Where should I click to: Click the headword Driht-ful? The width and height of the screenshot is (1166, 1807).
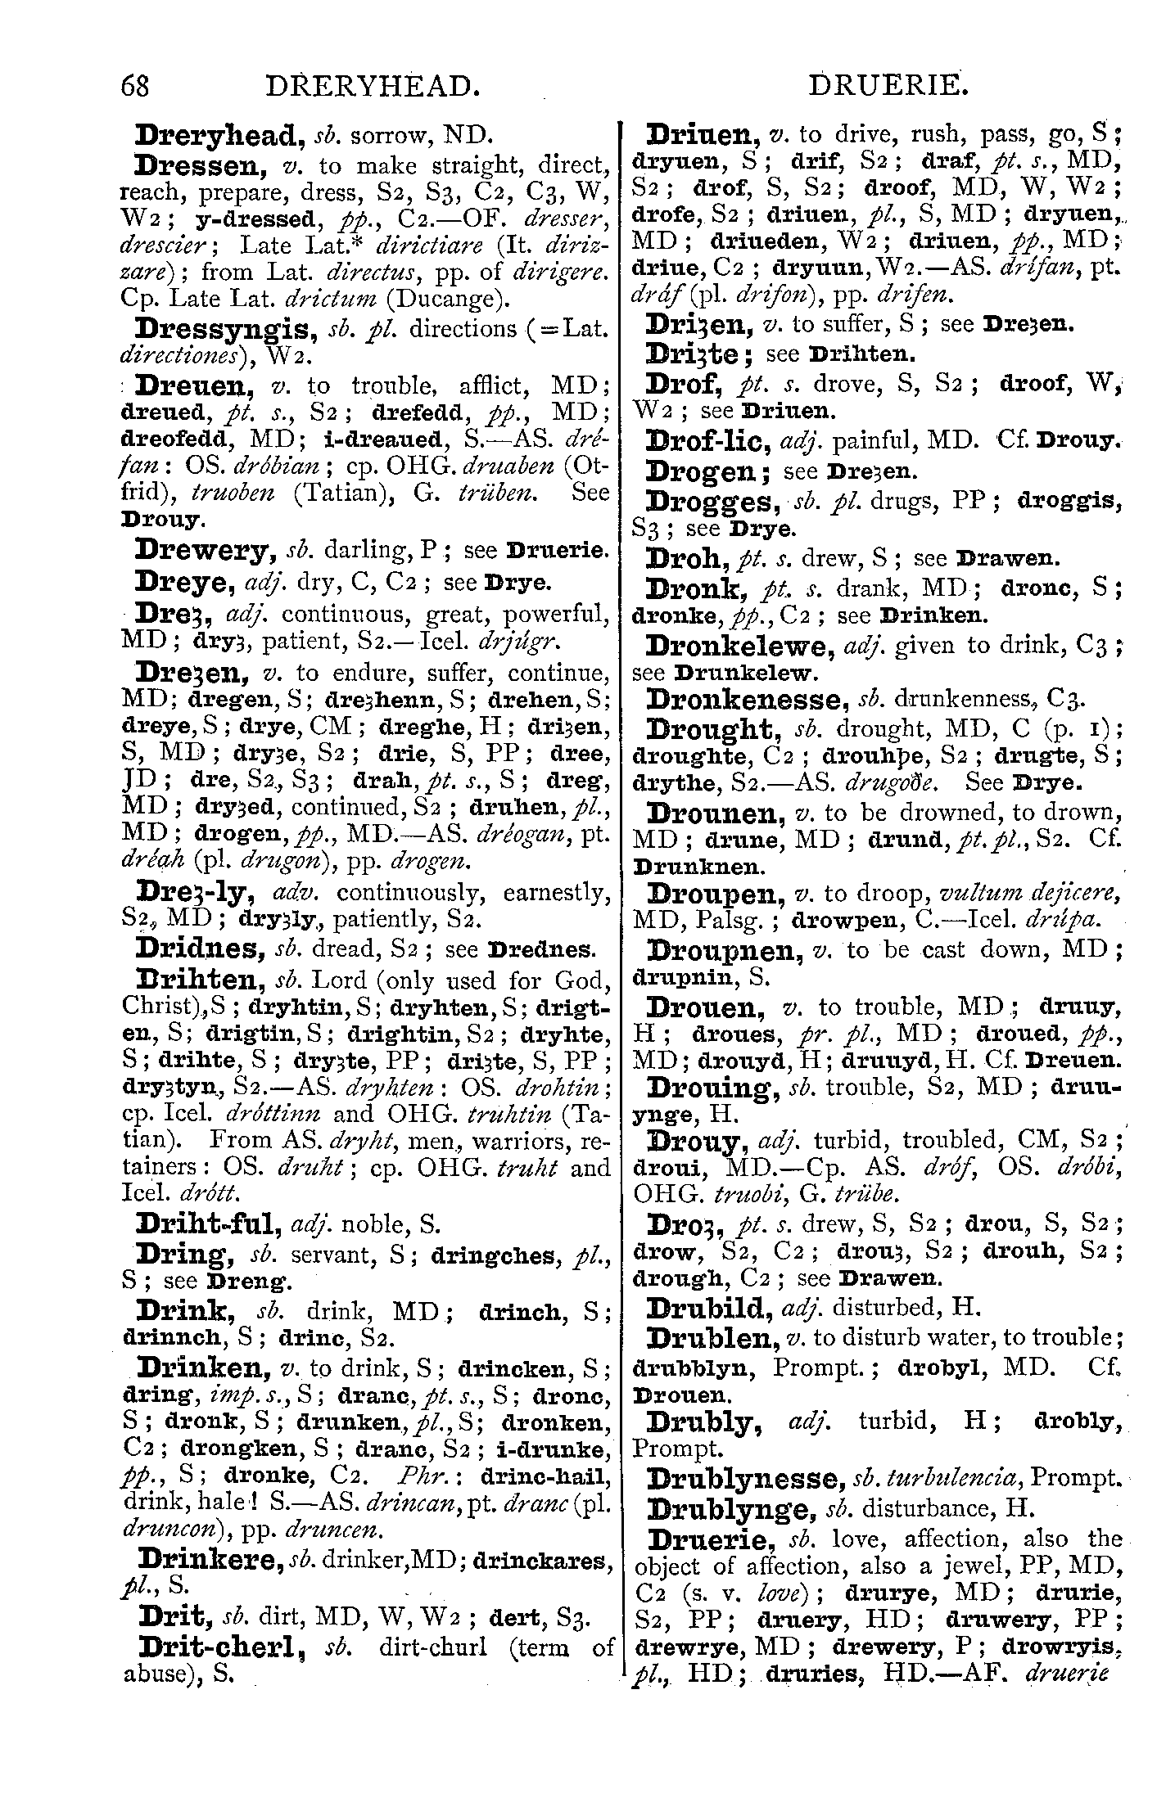coord(210,1224)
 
